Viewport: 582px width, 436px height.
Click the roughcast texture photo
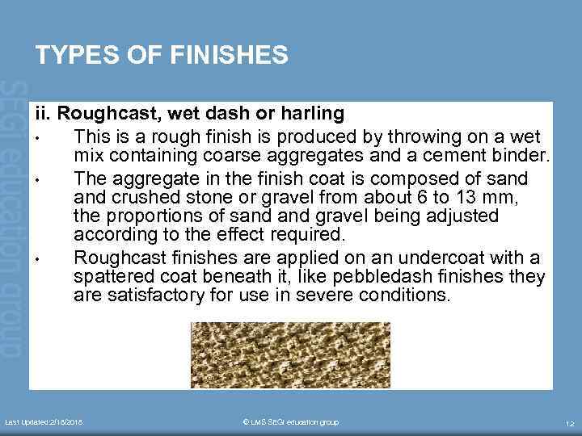click(x=290, y=354)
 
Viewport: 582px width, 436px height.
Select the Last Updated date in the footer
click(x=44, y=422)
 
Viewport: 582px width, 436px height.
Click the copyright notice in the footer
click(x=290, y=422)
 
